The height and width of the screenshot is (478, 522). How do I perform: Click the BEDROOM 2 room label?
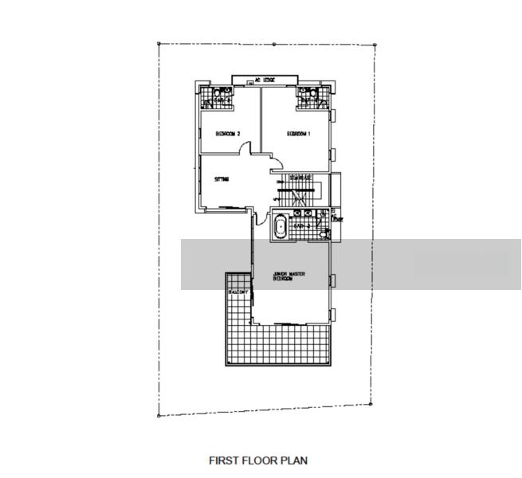[x=228, y=134]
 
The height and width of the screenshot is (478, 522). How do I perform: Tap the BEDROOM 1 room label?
[x=298, y=134]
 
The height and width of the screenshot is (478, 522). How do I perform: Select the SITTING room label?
[x=222, y=179]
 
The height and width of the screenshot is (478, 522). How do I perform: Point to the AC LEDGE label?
[x=264, y=80]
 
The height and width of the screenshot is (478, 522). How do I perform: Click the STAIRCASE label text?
[x=300, y=177]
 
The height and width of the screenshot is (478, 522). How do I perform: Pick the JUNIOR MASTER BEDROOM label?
[x=290, y=276]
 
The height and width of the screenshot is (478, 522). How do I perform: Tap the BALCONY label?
[x=238, y=293]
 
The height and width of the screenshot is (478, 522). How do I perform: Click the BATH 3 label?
[x=300, y=226]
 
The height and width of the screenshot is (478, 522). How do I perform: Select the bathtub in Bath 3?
[x=280, y=227]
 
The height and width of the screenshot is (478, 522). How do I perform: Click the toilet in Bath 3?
[x=323, y=232]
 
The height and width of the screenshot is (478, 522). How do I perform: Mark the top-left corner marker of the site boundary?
[x=159, y=43]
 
